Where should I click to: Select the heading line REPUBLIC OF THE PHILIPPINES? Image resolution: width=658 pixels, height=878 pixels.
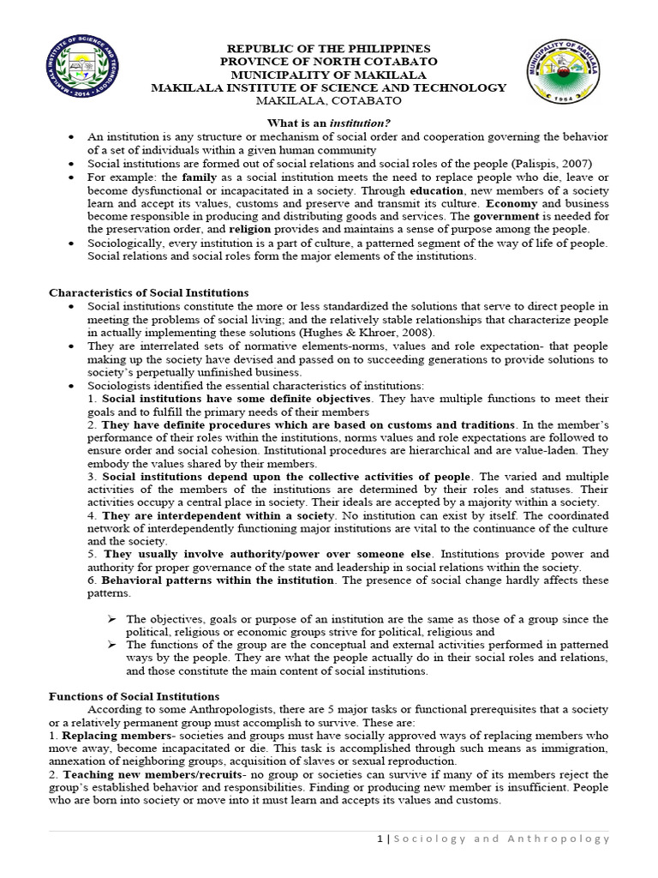click(329, 49)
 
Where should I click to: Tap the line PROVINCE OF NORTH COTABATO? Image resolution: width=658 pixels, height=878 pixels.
click(329, 62)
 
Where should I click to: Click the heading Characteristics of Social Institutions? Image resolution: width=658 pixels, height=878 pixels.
click(149, 293)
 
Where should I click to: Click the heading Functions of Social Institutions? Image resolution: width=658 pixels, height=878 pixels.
click(134, 696)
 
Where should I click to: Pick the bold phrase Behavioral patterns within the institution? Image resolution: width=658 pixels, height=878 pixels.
click(218, 580)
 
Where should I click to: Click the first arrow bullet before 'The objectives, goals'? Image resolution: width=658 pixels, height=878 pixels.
click(111, 619)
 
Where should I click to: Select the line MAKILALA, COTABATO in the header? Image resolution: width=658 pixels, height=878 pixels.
click(329, 100)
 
